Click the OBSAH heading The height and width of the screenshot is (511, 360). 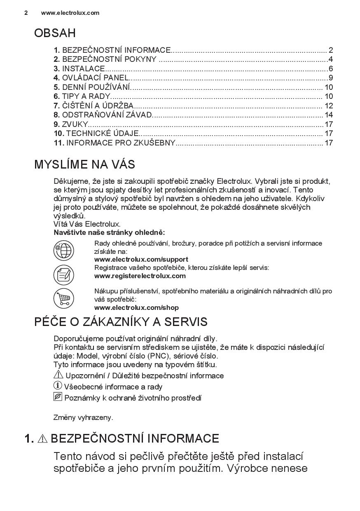click(x=55, y=33)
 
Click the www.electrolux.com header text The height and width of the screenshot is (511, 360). click(x=70, y=13)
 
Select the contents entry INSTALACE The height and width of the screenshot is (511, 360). click(x=84, y=69)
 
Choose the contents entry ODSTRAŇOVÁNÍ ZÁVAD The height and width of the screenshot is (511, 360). click(x=107, y=115)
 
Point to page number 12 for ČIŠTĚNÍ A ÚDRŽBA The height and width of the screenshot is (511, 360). click(x=328, y=106)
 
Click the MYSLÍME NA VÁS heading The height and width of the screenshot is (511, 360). click(x=84, y=165)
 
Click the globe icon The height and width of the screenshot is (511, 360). click(x=63, y=250)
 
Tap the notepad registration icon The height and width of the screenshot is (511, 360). click(x=63, y=274)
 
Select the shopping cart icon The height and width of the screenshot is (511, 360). click(x=63, y=298)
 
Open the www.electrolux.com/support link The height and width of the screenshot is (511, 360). click(x=141, y=260)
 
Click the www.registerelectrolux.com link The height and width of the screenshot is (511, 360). click(x=140, y=276)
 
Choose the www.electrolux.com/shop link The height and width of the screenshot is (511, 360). click(x=136, y=307)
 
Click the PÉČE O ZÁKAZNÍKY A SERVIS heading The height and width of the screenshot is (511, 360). click(x=121, y=322)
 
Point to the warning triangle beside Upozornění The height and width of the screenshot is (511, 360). click(x=58, y=375)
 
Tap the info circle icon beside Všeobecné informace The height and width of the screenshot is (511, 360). click(x=58, y=386)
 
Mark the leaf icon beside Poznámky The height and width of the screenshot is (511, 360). click(x=58, y=397)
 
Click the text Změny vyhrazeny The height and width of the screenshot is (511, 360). click(x=83, y=417)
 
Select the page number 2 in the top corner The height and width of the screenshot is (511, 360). click(x=26, y=13)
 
